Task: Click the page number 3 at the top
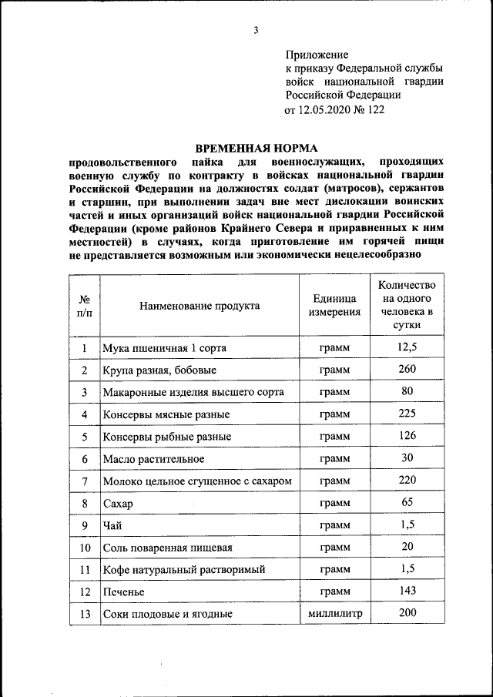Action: (x=256, y=30)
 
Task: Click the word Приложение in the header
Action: (x=317, y=55)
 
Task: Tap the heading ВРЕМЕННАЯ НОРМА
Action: (x=256, y=148)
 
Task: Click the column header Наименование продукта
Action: (x=200, y=306)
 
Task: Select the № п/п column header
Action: (x=85, y=306)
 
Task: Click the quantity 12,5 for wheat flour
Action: (x=407, y=347)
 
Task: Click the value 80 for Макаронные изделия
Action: (x=407, y=391)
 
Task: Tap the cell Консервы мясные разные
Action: (x=166, y=414)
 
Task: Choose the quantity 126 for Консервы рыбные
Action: (x=407, y=436)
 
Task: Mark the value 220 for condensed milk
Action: (x=407, y=481)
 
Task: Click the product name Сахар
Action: (x=119, y=504)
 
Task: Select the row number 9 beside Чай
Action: (x=85, y=526)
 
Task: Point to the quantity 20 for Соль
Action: (x=407, y=547)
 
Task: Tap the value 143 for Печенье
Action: (x=407, y=591)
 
